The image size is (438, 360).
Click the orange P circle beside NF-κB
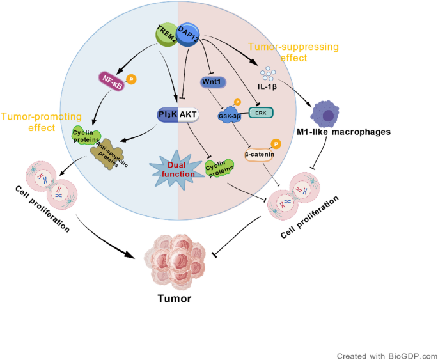click(x=132, y=80)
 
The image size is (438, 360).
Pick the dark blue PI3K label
click(x=168, y=114)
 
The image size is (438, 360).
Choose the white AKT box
click(x=189, y=114)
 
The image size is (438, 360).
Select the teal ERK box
click(x=262, y=113)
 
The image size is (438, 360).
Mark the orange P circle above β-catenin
click(x=276, y=143)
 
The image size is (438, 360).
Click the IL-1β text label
click(x=268, y=83)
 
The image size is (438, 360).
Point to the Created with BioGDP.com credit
click(x=387, y=354)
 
